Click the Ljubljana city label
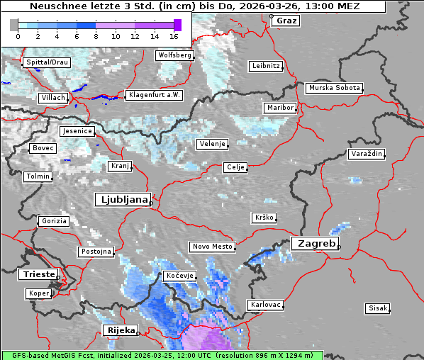click(122, 200)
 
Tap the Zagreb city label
click(313, 243)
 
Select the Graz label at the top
click(286, 21)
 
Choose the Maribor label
click(279, 108)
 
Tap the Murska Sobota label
click(334, 89)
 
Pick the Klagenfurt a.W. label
click(154, 95)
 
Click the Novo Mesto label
click(212, 247)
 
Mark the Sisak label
click(377, 308)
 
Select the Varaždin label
click(367, 154)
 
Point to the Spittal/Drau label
click(47, 62)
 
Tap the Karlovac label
click(266, 305)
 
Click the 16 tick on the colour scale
click(174, 36)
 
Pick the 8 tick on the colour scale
click(96, 36)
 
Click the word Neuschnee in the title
click(54, 6)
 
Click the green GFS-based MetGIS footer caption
click(162, 355)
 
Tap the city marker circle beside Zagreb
click(339, 247)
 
